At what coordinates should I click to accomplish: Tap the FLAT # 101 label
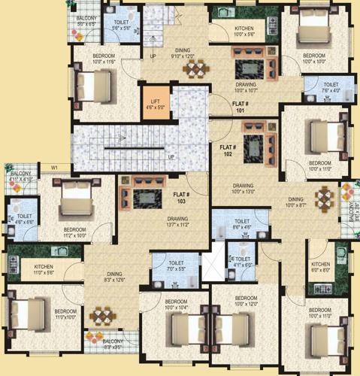tap(241, 105)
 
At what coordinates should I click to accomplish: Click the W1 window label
tap(54, 167)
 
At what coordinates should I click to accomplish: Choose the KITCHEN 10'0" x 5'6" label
tap(228, 30)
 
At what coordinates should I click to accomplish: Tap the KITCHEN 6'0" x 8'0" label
tap(321, 267)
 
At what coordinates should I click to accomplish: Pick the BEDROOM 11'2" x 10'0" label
tap(74, 232)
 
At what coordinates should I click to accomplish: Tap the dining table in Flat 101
tap(196, 69)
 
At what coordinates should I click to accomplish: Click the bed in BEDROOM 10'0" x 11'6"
tap(85, 81)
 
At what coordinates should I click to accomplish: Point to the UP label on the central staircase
tap(171, 156)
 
